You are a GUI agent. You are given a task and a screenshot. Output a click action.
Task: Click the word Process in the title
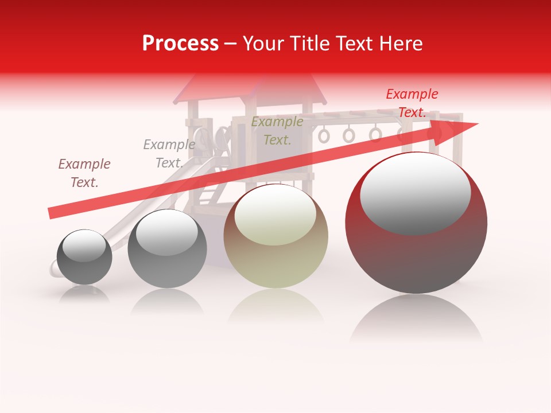pyautogui.click(x=180, y=44)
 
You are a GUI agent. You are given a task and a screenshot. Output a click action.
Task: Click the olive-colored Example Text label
pyautogui.click(x=277, y=130)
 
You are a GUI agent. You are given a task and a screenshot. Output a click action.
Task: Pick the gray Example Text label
pyautogui.click(x=169, y=154)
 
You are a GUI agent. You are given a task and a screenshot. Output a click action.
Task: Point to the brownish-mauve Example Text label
pyautogui.click(x=84, y=173)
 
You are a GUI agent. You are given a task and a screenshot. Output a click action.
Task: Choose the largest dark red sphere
pyautogui.click(x=416, y=258)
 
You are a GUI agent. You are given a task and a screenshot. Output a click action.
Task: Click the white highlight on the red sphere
pyautogui.click(x=415, y=193)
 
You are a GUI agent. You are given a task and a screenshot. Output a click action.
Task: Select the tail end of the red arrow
pyautogui.click(x=55, y=213)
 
